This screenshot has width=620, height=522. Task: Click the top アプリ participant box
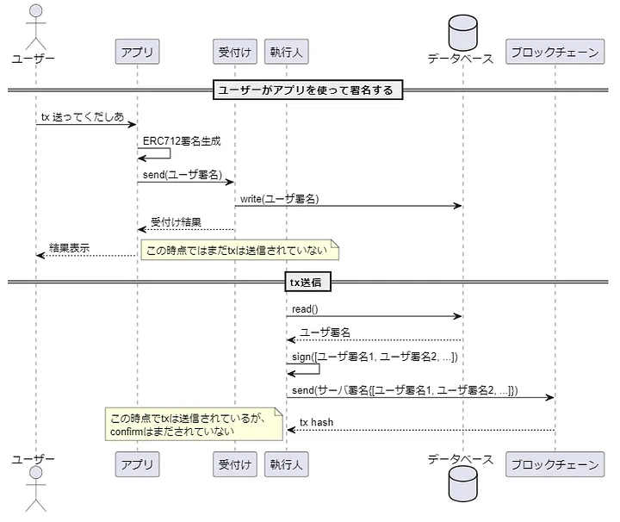[137, 53]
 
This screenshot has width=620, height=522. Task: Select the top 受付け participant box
[234, 53]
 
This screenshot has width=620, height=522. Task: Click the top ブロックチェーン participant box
[555, 53]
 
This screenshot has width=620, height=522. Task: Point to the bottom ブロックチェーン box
[555, 465]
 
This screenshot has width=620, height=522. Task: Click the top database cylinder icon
[462, 31]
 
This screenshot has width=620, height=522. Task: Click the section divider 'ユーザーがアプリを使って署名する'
[307, 90]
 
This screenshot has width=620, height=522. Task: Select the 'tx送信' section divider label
[307, 282]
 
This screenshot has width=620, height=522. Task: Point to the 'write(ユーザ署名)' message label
[279, 198]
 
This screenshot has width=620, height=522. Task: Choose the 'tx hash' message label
[316, 422]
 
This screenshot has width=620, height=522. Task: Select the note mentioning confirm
[193, 425]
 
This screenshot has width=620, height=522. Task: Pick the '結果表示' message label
[69, 248]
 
